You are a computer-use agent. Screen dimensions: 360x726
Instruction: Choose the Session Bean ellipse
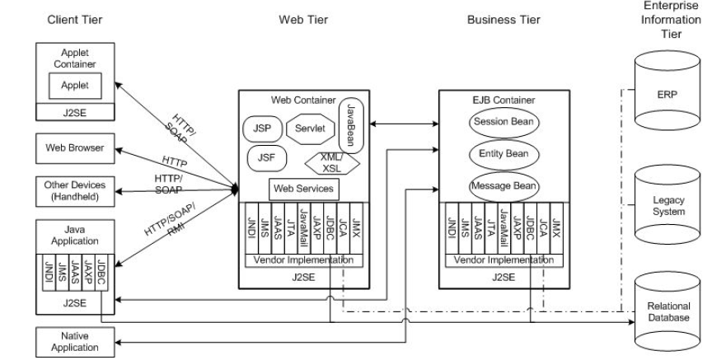[504, 122]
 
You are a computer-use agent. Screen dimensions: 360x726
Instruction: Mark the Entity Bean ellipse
[504, 154]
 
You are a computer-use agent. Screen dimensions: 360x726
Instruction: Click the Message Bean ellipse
[504, 186]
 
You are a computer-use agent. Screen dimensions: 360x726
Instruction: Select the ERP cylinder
[667, 95]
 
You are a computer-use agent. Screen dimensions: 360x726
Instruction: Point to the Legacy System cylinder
[667, 205]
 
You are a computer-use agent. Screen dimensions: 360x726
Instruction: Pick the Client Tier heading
[73, 18]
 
